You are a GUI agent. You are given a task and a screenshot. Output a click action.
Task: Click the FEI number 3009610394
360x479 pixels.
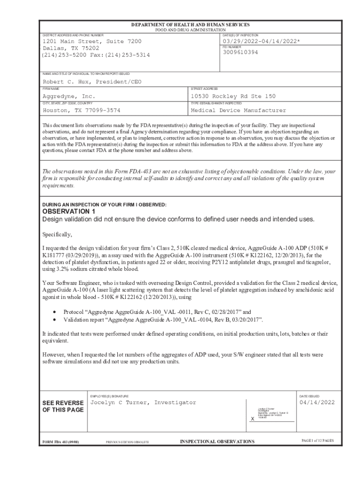pos(240,52)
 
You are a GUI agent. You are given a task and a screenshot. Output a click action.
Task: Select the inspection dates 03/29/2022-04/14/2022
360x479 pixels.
pos(262,41)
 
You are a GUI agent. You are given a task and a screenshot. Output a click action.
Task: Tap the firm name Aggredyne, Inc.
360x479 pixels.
pos(69,96)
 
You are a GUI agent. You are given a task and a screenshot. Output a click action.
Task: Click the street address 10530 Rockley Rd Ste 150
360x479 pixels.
pos(233,96)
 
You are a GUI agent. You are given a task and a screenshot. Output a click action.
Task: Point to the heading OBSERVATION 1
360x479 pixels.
pos(69,211)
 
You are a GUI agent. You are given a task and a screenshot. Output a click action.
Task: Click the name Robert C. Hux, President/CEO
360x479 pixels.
pos(92,82)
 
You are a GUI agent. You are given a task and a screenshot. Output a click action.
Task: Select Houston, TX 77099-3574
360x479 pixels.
pos(81,110)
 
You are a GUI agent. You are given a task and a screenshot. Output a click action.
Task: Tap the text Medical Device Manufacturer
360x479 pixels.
pos(238,110)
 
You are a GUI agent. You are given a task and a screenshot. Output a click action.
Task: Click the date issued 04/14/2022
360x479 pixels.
pos(317,402)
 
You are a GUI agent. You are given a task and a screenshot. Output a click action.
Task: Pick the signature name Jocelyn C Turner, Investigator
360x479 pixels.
pos(143,402)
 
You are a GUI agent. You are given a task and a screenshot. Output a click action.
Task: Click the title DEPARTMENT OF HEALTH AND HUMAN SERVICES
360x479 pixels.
pos(190,25)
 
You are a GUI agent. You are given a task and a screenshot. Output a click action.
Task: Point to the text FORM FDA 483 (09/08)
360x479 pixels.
pos(61,442)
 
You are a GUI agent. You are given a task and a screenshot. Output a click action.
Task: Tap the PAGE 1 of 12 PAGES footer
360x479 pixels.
pos(317,441)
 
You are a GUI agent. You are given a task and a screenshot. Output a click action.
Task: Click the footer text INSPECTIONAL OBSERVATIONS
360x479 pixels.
pos(217,442)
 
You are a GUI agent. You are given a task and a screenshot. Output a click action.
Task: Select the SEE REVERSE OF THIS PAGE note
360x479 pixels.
pos(63,406)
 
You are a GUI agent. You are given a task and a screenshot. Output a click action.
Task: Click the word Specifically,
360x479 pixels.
pos(57,234)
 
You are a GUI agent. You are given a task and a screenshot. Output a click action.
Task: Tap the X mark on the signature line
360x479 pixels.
pos(252,419)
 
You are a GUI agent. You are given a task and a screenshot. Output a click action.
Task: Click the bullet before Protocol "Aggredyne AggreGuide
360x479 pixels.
pos(56,312)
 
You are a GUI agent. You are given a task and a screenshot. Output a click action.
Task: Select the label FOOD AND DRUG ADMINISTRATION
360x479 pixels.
pos(190,30)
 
